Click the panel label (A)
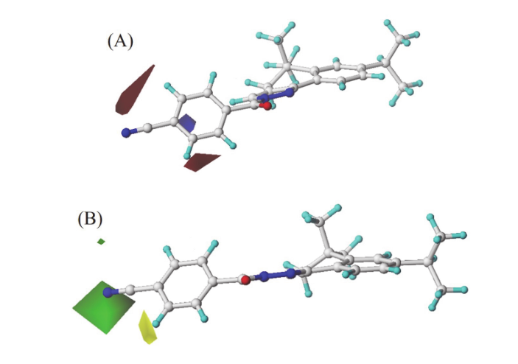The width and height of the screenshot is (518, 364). click(120, 41)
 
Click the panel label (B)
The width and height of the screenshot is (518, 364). click(90, 219)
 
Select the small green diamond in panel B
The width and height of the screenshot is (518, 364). click(101, 241)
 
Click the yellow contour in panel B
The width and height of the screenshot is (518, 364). click(147, 329)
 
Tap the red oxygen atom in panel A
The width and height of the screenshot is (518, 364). click(266, 106)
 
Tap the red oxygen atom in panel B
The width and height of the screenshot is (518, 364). click(244, 280)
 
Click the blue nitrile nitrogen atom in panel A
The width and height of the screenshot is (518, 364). click(127, 133)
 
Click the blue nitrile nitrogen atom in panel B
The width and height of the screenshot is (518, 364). click(110, 293)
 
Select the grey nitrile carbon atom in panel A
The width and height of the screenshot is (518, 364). click(147, 129)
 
